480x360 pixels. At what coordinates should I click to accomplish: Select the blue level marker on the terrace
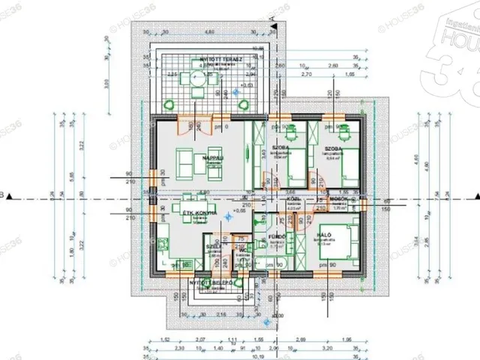tap(238, 91)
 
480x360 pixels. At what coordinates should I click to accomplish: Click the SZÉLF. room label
tap(212, 244)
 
